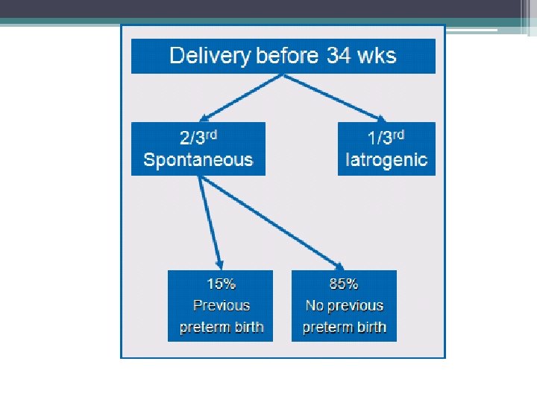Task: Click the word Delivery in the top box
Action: pos(210,56)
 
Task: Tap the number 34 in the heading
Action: pos(339,55)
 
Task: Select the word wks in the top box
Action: pos(377,55)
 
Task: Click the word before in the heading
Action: pos(287,55)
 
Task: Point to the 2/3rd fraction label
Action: pos(198,137)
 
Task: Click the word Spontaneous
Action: pos(198,159)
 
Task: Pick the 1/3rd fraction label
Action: pos(386,137)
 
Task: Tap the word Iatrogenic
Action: pos(386,160)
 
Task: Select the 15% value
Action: pos(222,284)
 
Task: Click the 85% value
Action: pos(344,284)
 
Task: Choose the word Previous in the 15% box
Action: pos(222,305)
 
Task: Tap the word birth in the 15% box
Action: pos(249,327)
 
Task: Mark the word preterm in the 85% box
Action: pos(323,328)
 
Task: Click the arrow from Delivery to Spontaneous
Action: pos(241,98)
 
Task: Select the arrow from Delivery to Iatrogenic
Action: pos(335,98)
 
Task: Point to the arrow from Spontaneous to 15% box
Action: pos(210,223)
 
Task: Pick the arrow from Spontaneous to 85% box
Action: pos(271,223)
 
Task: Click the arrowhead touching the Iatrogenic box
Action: pos(382,118)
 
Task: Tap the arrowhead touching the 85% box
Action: pos(339,267)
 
